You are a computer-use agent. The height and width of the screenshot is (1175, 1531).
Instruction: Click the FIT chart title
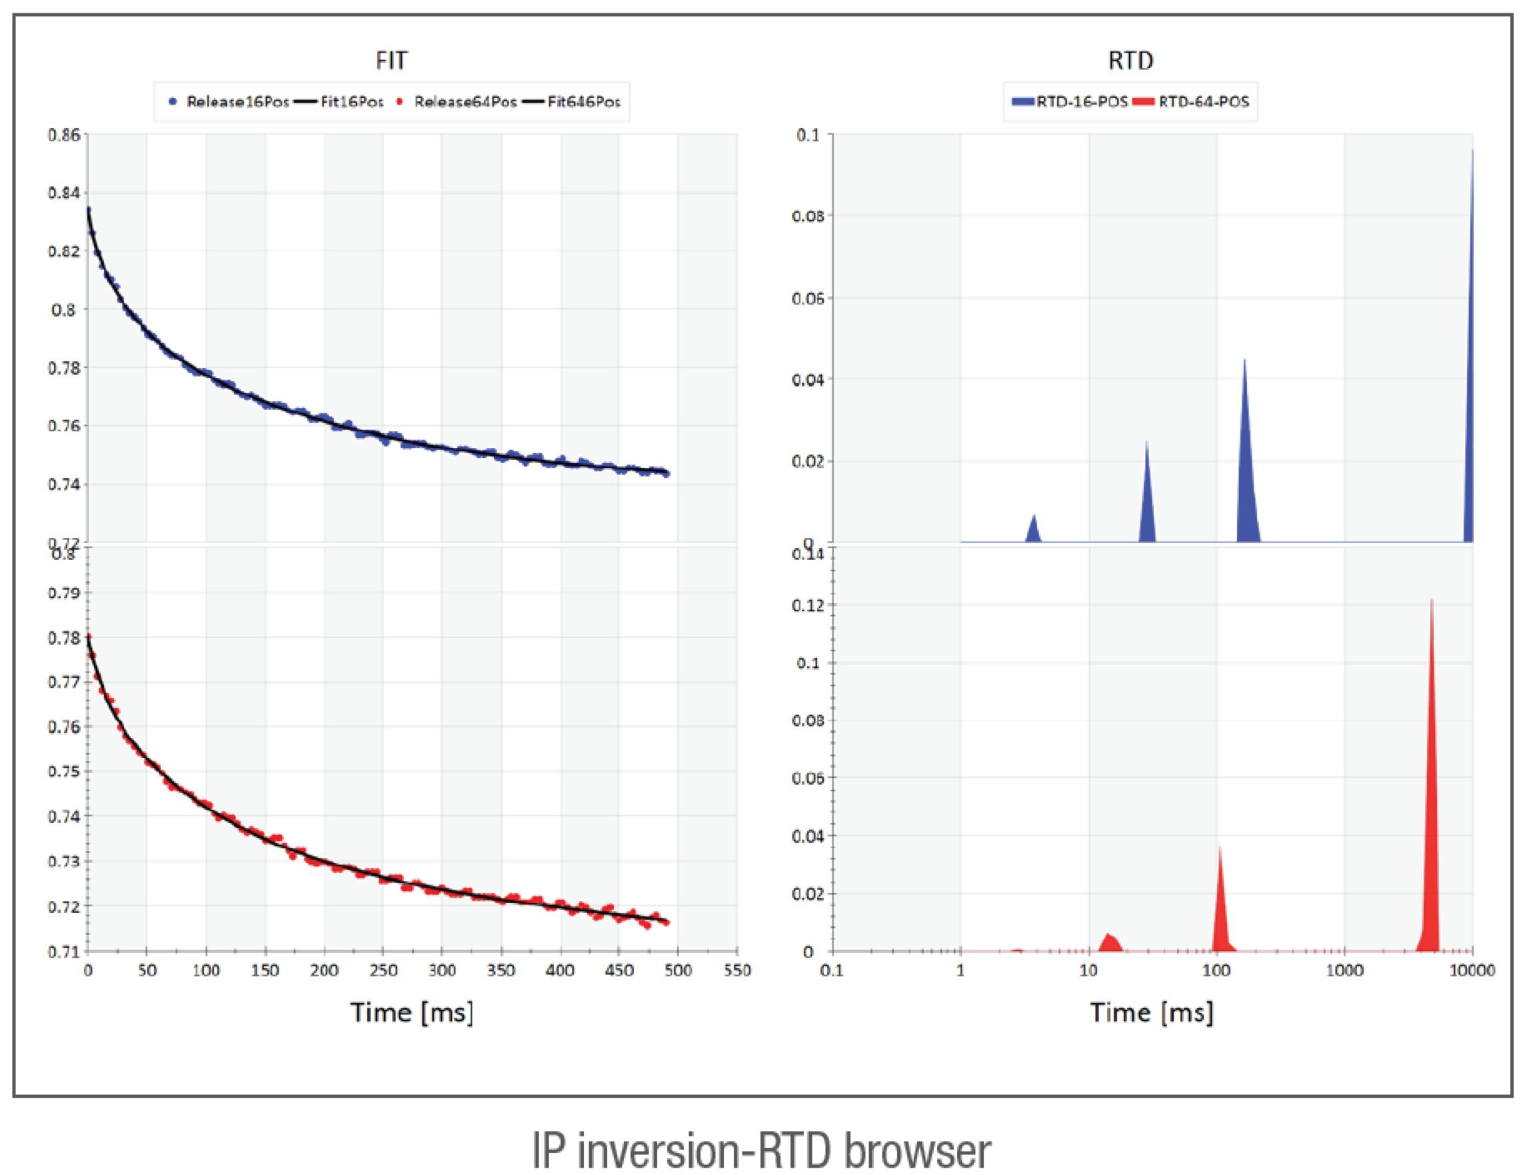click(x=391, y=61)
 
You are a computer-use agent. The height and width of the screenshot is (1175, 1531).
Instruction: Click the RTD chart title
click(x=1130, y=61)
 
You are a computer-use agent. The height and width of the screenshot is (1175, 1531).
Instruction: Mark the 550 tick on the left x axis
click(x=737, y=971)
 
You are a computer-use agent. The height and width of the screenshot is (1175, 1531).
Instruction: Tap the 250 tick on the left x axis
click(x=383, y=971)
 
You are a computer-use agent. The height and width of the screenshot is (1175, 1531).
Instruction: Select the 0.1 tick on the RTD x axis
click(x=832, y=971)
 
